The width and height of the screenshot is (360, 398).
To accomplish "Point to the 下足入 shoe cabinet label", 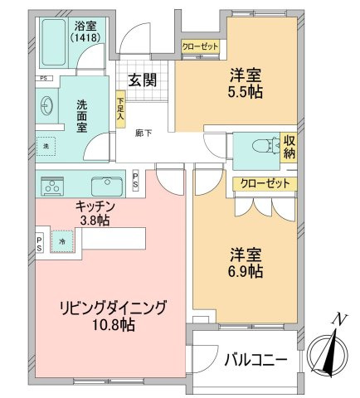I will click(x=120, y=108).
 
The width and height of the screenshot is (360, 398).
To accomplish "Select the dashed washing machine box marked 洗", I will click(x=46, y=144).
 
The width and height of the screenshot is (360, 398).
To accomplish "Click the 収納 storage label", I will click(x=289, y=147).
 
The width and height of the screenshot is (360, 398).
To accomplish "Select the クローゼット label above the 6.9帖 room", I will click(x=265, y=183).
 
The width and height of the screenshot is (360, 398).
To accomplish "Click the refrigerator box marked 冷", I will click(x=63, y=240).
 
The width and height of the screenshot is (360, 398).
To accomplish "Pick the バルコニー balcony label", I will click(x=256, y=360).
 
